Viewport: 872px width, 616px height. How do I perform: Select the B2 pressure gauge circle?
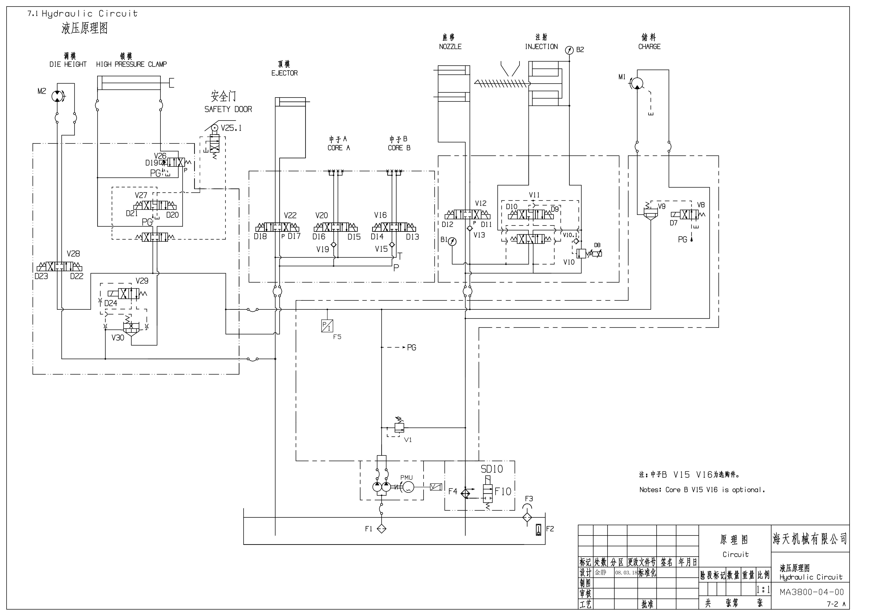(569, 50)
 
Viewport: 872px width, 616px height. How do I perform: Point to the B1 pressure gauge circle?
(452, 241)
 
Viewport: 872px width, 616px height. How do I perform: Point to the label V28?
(73, 254)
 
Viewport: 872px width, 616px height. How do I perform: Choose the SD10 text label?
(492, 469)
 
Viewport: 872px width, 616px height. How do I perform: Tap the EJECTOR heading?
(284, 73)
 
